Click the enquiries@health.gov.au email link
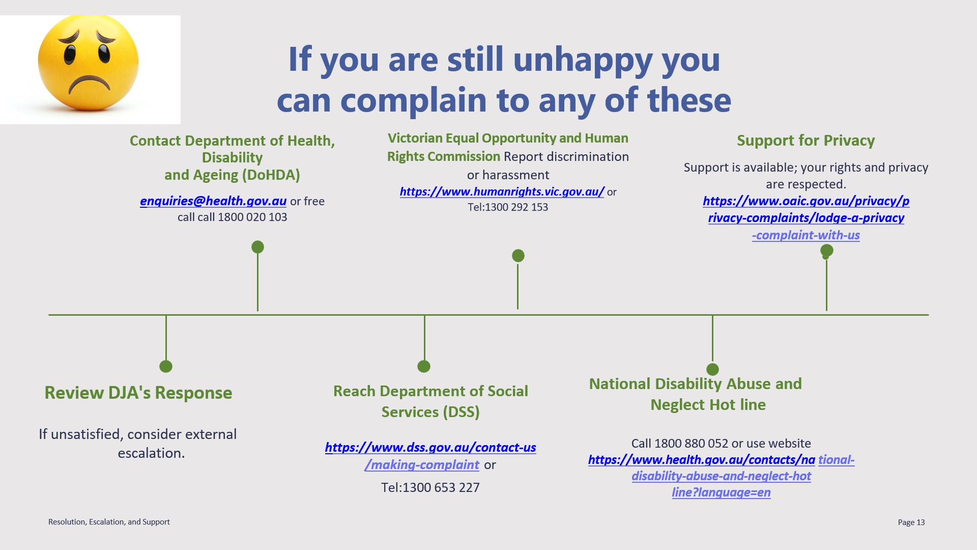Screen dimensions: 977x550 pyautogui.click(x=213, y=201)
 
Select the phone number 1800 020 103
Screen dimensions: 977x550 pyautogui.click(x=252, y=217)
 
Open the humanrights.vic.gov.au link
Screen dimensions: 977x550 pyautogui.click(x=502, y=191)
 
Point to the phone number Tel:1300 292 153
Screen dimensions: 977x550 pyautogui.click(x=508, y=207)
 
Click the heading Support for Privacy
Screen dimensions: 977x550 pyautogui.click(x=806, y=141)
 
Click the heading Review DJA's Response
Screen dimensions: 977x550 pyautogui.click(x=138, y=393)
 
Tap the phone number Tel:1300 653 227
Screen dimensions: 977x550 pyautogui.click(x=430, y=487)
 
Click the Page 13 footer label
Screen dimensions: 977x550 pyautogui.click(x=911, y=522)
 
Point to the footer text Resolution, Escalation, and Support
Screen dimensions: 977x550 pyautogui.click(x=109, y=522)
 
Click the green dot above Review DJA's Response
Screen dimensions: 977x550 pyautogui.click(x=166, y=366)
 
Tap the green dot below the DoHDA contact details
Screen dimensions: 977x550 pyautogui.click(x=258, y=247)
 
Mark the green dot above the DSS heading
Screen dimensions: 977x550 pyautogui.click(x=424, y=366)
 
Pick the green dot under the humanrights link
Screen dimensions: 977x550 pyautogui.click(x=518, y=256)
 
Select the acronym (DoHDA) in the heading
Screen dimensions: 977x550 pyautogui.click(x=271, y=175)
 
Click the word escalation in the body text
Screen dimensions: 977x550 pyautogui.click(x=151, y=453)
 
